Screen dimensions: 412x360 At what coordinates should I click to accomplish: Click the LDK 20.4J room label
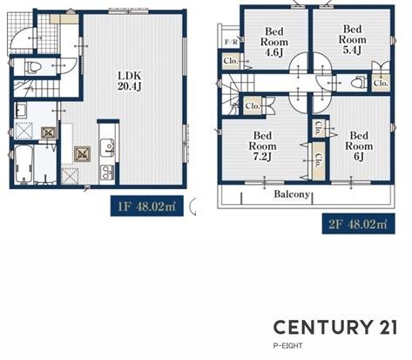click(130, 81)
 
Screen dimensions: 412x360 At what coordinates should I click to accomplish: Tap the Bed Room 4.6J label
click(274, 42)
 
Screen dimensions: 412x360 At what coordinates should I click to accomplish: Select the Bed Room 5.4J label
click(352, 39)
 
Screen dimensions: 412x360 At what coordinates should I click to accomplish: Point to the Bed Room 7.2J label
click(262, 146)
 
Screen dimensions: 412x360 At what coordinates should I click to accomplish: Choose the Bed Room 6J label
click(359, 146)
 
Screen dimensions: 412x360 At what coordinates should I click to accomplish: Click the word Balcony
click(292, 194)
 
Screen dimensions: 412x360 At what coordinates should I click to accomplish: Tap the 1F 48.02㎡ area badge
click(147, 206)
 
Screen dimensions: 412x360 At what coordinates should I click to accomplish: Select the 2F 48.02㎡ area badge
click(359, 224)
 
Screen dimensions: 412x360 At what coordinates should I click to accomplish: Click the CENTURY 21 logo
click(335, 327)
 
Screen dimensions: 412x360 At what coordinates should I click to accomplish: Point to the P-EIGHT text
click(287, 346)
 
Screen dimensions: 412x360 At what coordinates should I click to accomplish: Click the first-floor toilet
click(33, 67)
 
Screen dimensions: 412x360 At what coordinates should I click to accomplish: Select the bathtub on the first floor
click(24, 164)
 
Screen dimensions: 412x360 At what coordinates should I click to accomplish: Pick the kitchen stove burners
click(107, 173)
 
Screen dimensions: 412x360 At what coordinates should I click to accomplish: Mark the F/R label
click(231, 42)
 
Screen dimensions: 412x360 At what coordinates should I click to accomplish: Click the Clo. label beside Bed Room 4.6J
click(231, 61)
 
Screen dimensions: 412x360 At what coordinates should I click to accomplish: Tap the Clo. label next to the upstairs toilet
click(381, 83)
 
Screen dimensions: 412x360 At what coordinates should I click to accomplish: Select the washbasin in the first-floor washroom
click(20, 111)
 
